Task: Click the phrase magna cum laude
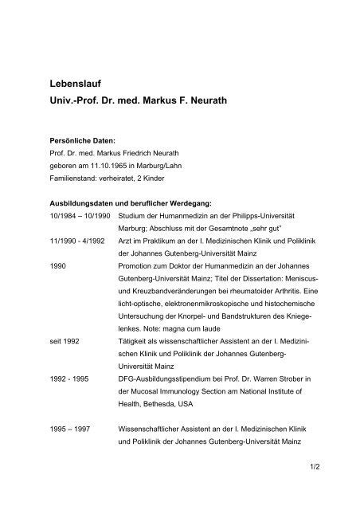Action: click(190, 327)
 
